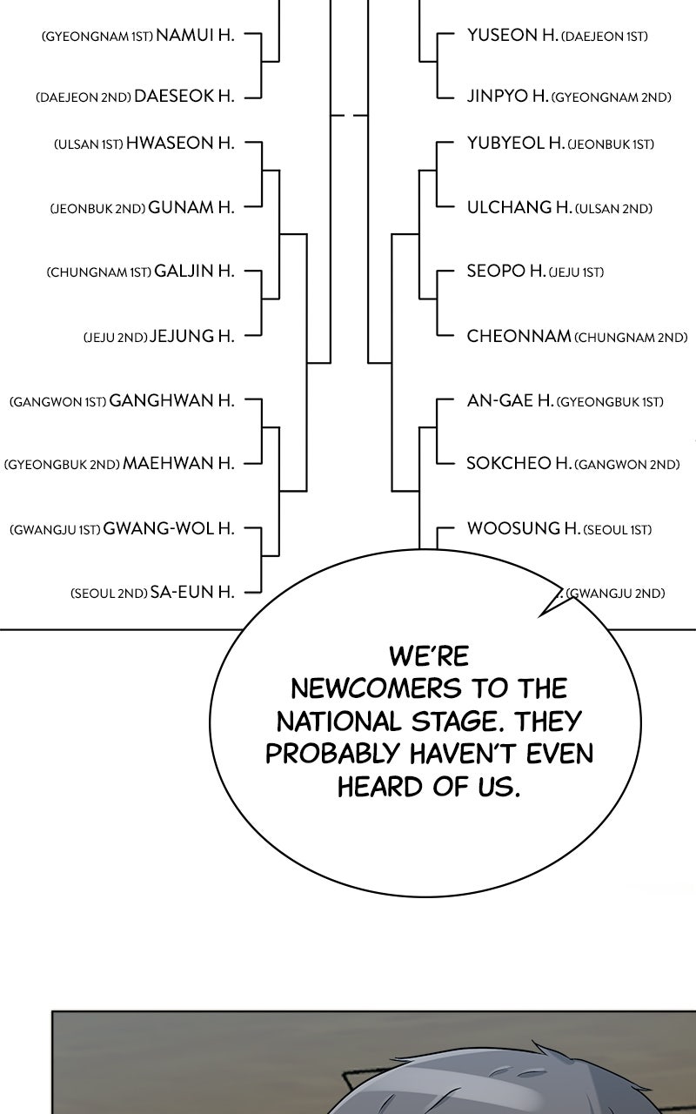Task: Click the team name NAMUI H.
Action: [195, 36]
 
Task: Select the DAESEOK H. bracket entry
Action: [184, 96]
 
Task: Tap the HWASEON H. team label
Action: [180, 144]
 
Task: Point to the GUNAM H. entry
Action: [191, 207]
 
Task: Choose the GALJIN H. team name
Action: [194, 271]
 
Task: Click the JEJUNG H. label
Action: [191, 336]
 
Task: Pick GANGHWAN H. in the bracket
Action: [171, 400]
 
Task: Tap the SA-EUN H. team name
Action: [192, 592]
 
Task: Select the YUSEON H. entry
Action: [512, 36]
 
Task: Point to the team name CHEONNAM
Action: [519, 336]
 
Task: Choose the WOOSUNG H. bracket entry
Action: [524, 528]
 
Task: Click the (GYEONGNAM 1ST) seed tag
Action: [97, 37]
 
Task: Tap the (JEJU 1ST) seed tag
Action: [576, 272]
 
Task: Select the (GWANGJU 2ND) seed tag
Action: [615, 594]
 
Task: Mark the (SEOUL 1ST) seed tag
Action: [617, 530]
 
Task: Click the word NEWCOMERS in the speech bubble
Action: [376, 689]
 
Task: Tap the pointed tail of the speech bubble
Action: [540, 617]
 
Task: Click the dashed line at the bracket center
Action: [350, 116]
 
